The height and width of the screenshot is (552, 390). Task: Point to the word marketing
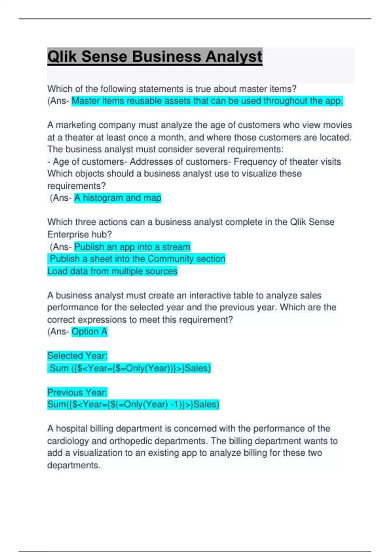click(x=76, y=125)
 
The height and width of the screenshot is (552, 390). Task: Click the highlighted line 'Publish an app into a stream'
click(x=132, y=247)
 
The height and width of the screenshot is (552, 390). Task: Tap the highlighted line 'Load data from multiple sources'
click(x=112, y=271)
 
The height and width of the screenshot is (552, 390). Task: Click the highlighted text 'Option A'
click(x=89, y=332)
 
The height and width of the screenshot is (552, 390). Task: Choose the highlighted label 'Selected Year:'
click(x=77, y=356)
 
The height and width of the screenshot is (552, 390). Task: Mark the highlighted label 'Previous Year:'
click(x=77, y=393)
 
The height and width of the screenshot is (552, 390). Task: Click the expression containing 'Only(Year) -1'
click(x=133, y=405)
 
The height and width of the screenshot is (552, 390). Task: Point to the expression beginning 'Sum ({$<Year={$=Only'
click(x=130, y=368)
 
